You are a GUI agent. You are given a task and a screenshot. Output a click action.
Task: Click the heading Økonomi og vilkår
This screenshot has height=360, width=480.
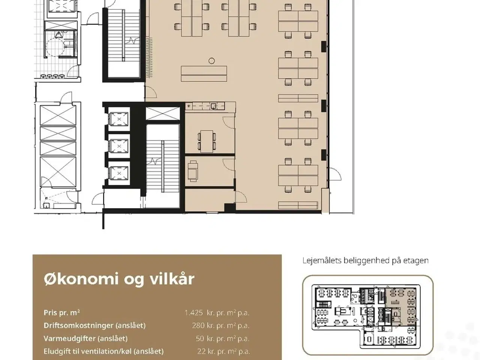(x=119, y=279)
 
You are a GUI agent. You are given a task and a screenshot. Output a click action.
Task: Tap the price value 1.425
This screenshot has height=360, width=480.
(x=194, y=313)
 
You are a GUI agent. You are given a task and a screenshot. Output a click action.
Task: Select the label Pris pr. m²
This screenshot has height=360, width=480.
(x=61, y=313)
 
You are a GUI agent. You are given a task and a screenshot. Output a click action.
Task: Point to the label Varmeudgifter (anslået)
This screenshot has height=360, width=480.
(x=85, y=339)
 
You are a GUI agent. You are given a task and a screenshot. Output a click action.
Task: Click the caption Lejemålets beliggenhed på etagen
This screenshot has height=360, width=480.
(x=365, y=261)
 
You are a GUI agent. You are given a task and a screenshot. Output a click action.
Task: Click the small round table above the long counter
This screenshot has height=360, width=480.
(x=211, y=61)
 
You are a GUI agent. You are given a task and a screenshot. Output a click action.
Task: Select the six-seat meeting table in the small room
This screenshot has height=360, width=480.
(x=207, y=141)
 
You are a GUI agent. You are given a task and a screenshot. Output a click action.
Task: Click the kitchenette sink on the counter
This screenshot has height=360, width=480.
(x=214, y=106)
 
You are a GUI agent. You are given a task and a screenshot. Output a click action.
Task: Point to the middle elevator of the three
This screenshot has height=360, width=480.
(x=119, y=146)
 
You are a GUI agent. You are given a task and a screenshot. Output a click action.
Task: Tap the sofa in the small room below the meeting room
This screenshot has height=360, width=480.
(x=193, y=171)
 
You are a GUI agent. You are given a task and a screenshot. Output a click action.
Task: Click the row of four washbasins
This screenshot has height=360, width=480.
(x=53, y=76)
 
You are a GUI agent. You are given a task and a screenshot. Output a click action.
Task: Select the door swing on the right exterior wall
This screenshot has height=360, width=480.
(x=335, y=174)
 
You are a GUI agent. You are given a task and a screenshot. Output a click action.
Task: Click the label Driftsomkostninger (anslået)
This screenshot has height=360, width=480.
(x=95, y=325)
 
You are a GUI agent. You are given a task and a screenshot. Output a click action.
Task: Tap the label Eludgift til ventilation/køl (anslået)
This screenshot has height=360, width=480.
(x=103, y=351)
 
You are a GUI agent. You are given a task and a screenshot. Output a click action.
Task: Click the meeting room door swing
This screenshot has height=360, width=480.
(x=228, y=122)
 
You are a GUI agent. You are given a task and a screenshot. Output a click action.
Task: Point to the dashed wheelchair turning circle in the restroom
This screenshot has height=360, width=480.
(x=55, y=47)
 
